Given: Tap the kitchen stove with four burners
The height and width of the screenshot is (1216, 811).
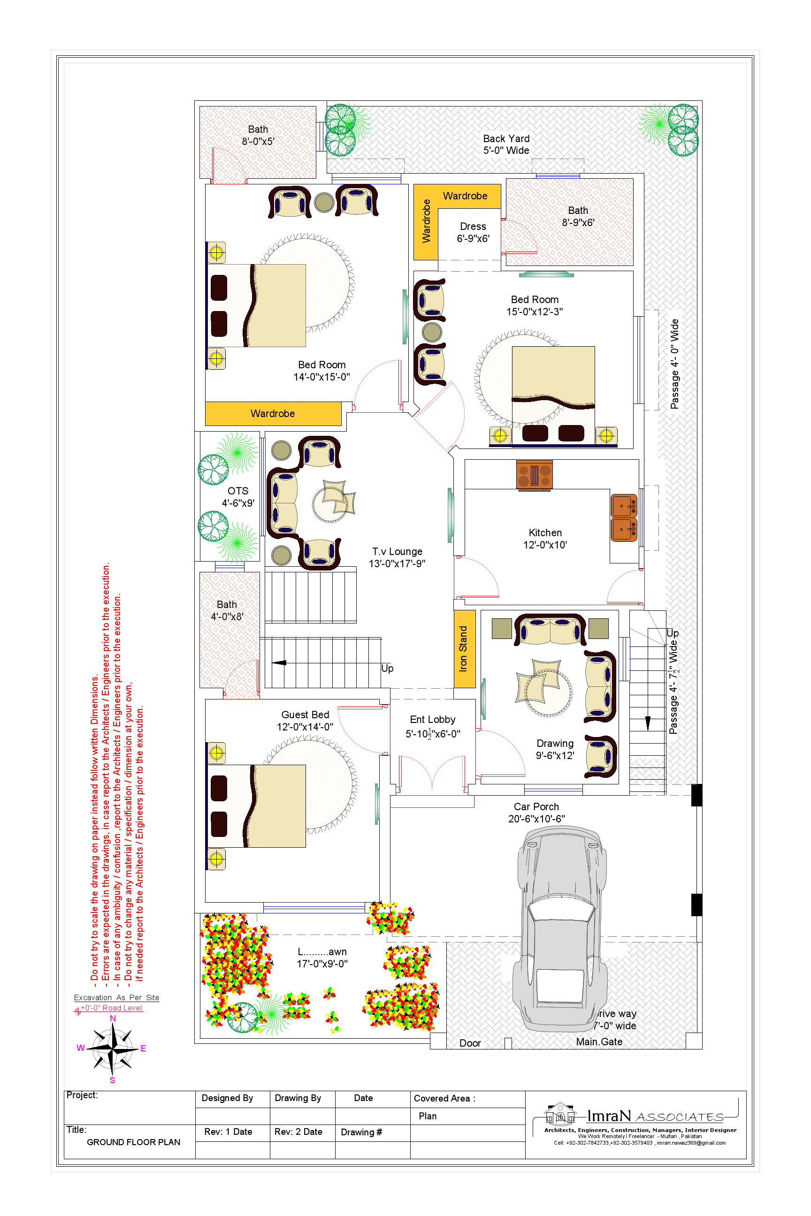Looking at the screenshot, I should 534,475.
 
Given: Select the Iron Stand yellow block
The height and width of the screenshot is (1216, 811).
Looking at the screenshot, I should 464,649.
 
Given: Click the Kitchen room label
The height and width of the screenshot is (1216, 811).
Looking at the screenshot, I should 545,532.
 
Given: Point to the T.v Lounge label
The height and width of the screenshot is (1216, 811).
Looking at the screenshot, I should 397,552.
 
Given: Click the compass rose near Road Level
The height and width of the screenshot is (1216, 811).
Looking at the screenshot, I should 112,1049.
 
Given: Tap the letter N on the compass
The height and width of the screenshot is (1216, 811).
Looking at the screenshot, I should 113,1018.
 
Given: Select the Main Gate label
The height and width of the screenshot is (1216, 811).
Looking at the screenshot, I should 599,1042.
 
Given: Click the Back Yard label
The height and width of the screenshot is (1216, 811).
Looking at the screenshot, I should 506,138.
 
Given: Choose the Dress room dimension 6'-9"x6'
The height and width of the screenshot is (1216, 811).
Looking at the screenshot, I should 473,239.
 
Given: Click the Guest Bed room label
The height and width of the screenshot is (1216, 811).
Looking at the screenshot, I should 305,714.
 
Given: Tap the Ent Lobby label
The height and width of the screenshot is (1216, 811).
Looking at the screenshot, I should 432,720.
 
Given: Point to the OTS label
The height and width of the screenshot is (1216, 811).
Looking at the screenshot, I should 238,491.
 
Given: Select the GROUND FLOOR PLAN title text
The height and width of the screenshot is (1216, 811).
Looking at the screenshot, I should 133,1142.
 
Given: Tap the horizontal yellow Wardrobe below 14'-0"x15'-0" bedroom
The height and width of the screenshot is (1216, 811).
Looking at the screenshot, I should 273,414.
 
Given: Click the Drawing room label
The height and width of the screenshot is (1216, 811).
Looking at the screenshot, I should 555,744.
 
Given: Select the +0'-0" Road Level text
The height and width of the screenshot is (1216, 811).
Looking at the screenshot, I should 111,1008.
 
